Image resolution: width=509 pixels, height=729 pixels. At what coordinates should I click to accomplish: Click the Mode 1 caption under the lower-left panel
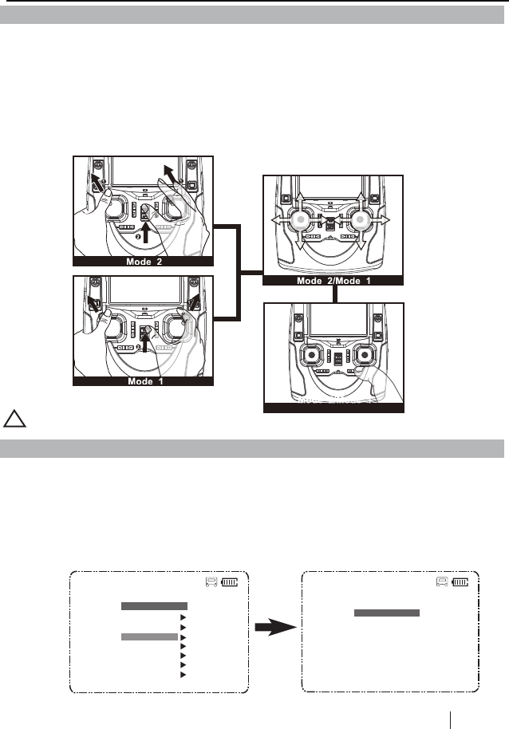(x=144, y=381)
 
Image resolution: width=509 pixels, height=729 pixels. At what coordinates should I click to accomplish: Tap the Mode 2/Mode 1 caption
(x=333, y=281)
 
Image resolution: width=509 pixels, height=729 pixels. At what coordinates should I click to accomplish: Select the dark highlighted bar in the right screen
(x=387, y=613)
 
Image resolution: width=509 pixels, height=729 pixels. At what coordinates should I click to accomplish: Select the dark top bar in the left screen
(x=154, y=606)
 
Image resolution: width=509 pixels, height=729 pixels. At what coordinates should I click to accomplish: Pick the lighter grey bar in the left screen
(x=149, y=637)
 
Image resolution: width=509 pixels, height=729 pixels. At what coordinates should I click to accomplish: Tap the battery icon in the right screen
(x=462, y=583)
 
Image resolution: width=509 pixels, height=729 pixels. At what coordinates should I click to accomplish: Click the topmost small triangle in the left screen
(x=183, y=617)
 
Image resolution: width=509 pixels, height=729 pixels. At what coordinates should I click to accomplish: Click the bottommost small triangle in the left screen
(x=183, y=675)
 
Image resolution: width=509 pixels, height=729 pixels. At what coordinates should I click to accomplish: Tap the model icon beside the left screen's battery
(x=210, y=583)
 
